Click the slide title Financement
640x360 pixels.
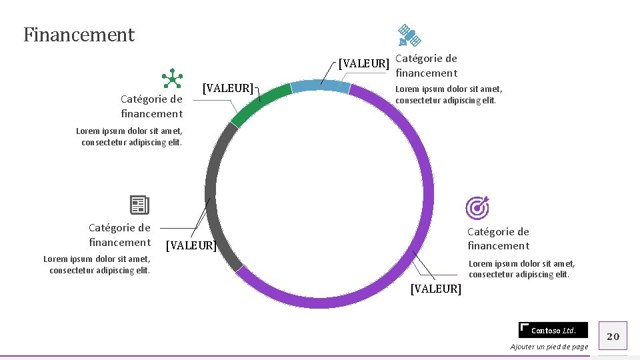79,35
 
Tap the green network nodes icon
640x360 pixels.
171,79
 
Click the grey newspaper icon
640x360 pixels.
139,205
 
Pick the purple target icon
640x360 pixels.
477,207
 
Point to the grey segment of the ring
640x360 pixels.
212,193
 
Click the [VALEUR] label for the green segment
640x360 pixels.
227,88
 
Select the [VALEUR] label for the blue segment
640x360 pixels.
363,64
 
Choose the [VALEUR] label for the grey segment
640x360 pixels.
190,245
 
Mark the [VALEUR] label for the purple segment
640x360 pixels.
435,289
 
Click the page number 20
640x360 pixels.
613,336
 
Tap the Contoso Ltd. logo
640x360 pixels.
553,330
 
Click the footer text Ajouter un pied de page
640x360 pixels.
549,347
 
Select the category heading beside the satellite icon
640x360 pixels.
426,65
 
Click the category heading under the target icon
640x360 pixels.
498,239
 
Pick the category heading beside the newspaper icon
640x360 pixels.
120,235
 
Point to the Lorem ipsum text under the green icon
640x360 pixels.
129,137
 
